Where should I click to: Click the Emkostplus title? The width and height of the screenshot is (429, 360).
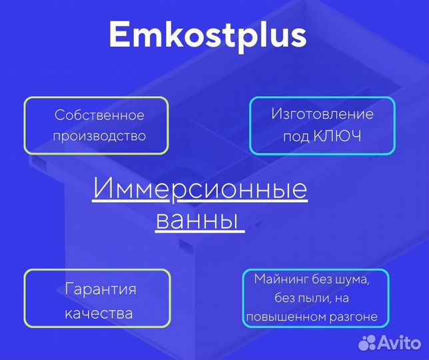[x=207, y=35]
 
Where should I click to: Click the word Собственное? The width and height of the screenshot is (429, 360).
[x=99, y=115]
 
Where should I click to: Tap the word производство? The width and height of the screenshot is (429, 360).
[x=99, y=136]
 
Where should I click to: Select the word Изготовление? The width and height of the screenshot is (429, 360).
[x=322, y=114]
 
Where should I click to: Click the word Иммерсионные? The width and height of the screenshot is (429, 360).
[x=200, y=189]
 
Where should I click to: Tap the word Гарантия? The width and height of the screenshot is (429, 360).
[x=101, y=289]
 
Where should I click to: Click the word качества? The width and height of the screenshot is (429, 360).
[x=99, y=313]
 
